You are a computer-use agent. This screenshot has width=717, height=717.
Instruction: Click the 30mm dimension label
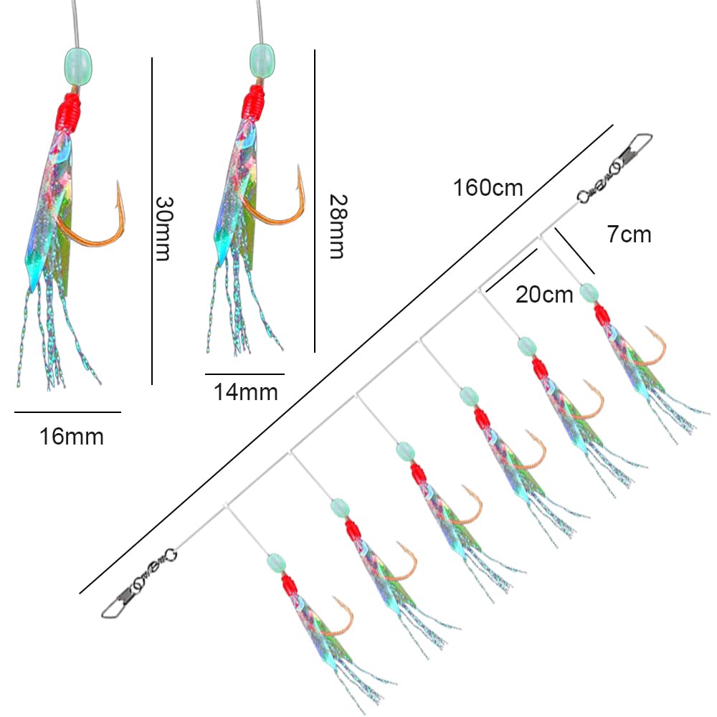click(163, 229)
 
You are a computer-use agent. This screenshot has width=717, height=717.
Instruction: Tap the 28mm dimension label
click(338, 227)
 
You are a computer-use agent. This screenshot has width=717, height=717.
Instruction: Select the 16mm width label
click(72, 436)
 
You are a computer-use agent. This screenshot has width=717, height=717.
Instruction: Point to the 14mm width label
click(245, 392)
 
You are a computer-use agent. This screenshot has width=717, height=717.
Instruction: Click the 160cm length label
click(488, 187)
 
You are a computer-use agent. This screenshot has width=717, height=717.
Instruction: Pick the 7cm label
click(629, 234)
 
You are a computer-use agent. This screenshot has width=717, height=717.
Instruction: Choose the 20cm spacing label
click(544, 295)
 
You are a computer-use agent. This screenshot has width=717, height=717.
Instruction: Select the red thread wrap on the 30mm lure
click(69, 111)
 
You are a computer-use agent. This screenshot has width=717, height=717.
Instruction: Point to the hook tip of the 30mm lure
click(118, 182)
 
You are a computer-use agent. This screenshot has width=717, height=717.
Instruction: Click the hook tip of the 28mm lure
click(299, 166)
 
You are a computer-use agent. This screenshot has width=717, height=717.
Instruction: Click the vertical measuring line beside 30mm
click(152, 221)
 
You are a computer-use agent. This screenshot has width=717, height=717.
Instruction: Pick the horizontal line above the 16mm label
click(67, 412)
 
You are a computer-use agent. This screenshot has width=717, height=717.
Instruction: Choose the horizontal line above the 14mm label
click(244, 374)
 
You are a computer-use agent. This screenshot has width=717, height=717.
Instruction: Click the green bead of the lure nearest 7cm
click(589, 293)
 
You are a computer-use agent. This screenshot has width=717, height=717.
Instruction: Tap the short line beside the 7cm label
click(575, 251)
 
